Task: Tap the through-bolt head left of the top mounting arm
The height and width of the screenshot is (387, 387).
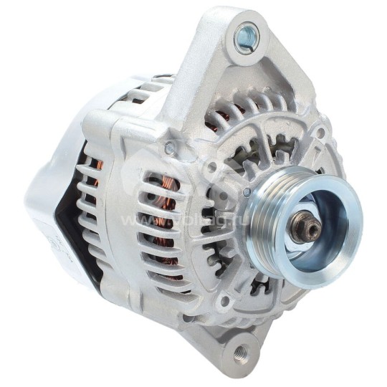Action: click(x=169, y=149)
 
